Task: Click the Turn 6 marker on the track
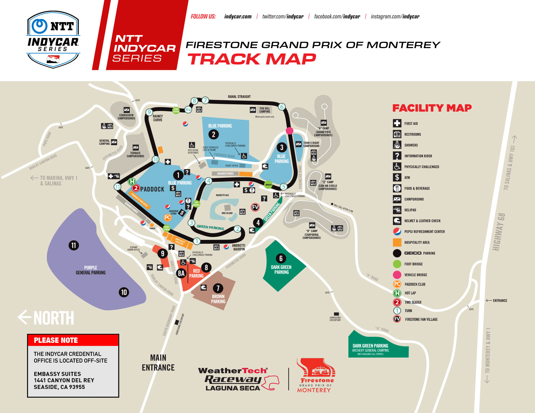tap(282, 107)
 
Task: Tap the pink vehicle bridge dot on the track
tap(290, 131)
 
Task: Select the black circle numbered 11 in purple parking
tap(74, 245)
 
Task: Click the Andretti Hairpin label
tap(239, 247)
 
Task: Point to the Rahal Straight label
tap(239, 97)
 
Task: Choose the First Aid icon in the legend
tap(397, 123)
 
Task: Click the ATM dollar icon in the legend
tap(397, 177)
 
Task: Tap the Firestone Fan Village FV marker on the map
tap(255, 207)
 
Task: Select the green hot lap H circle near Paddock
tap(132, 181)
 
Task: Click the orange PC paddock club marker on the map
tap(168, 218)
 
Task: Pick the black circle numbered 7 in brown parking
tap(218, 288)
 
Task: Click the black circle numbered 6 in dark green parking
tap(281, 258)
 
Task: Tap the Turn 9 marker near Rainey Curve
tap(149, 112)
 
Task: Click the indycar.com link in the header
tap(238, 16)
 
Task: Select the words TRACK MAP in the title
tap(251, 59)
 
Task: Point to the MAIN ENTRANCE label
tap(158, 363)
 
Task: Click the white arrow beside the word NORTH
tap(24, 317)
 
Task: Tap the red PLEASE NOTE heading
tap(56, 340)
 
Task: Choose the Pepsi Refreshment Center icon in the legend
tap(397, 232)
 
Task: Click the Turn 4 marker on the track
tap(209, 181)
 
